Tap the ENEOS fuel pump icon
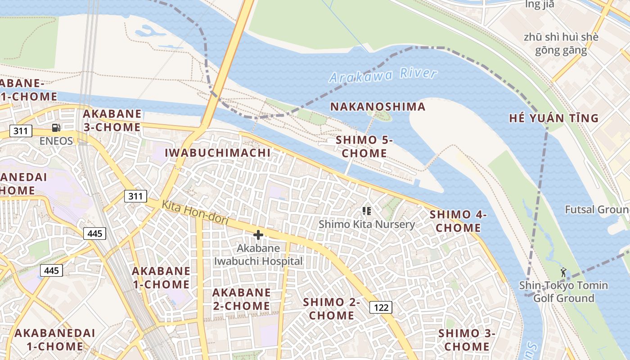(x=56, y=128)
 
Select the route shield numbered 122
(x=381, y=307)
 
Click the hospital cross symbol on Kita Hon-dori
(x=258, y=234)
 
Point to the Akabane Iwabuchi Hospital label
(x=258, y=255)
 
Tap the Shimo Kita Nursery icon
(x=366, y=211)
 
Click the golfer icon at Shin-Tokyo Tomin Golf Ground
(x=563, y=272)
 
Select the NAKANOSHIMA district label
(x=378, y=107)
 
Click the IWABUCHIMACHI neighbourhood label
(x=218, y=153)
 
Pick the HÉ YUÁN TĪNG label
(x=553, y=118)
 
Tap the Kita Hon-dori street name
(x=195, y=213)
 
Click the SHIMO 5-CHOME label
(x=364, y=147)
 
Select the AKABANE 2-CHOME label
(x=241, y=299)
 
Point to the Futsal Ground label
(x=597, y=210)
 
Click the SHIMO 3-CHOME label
(x=467, y=340)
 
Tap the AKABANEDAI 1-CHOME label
(x=55, y=340)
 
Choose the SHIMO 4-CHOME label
(x=458, y=221)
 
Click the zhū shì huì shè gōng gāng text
(x=561, y=44)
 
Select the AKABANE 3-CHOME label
(x=112, y=121)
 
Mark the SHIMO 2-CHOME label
(x=332, y=309)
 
